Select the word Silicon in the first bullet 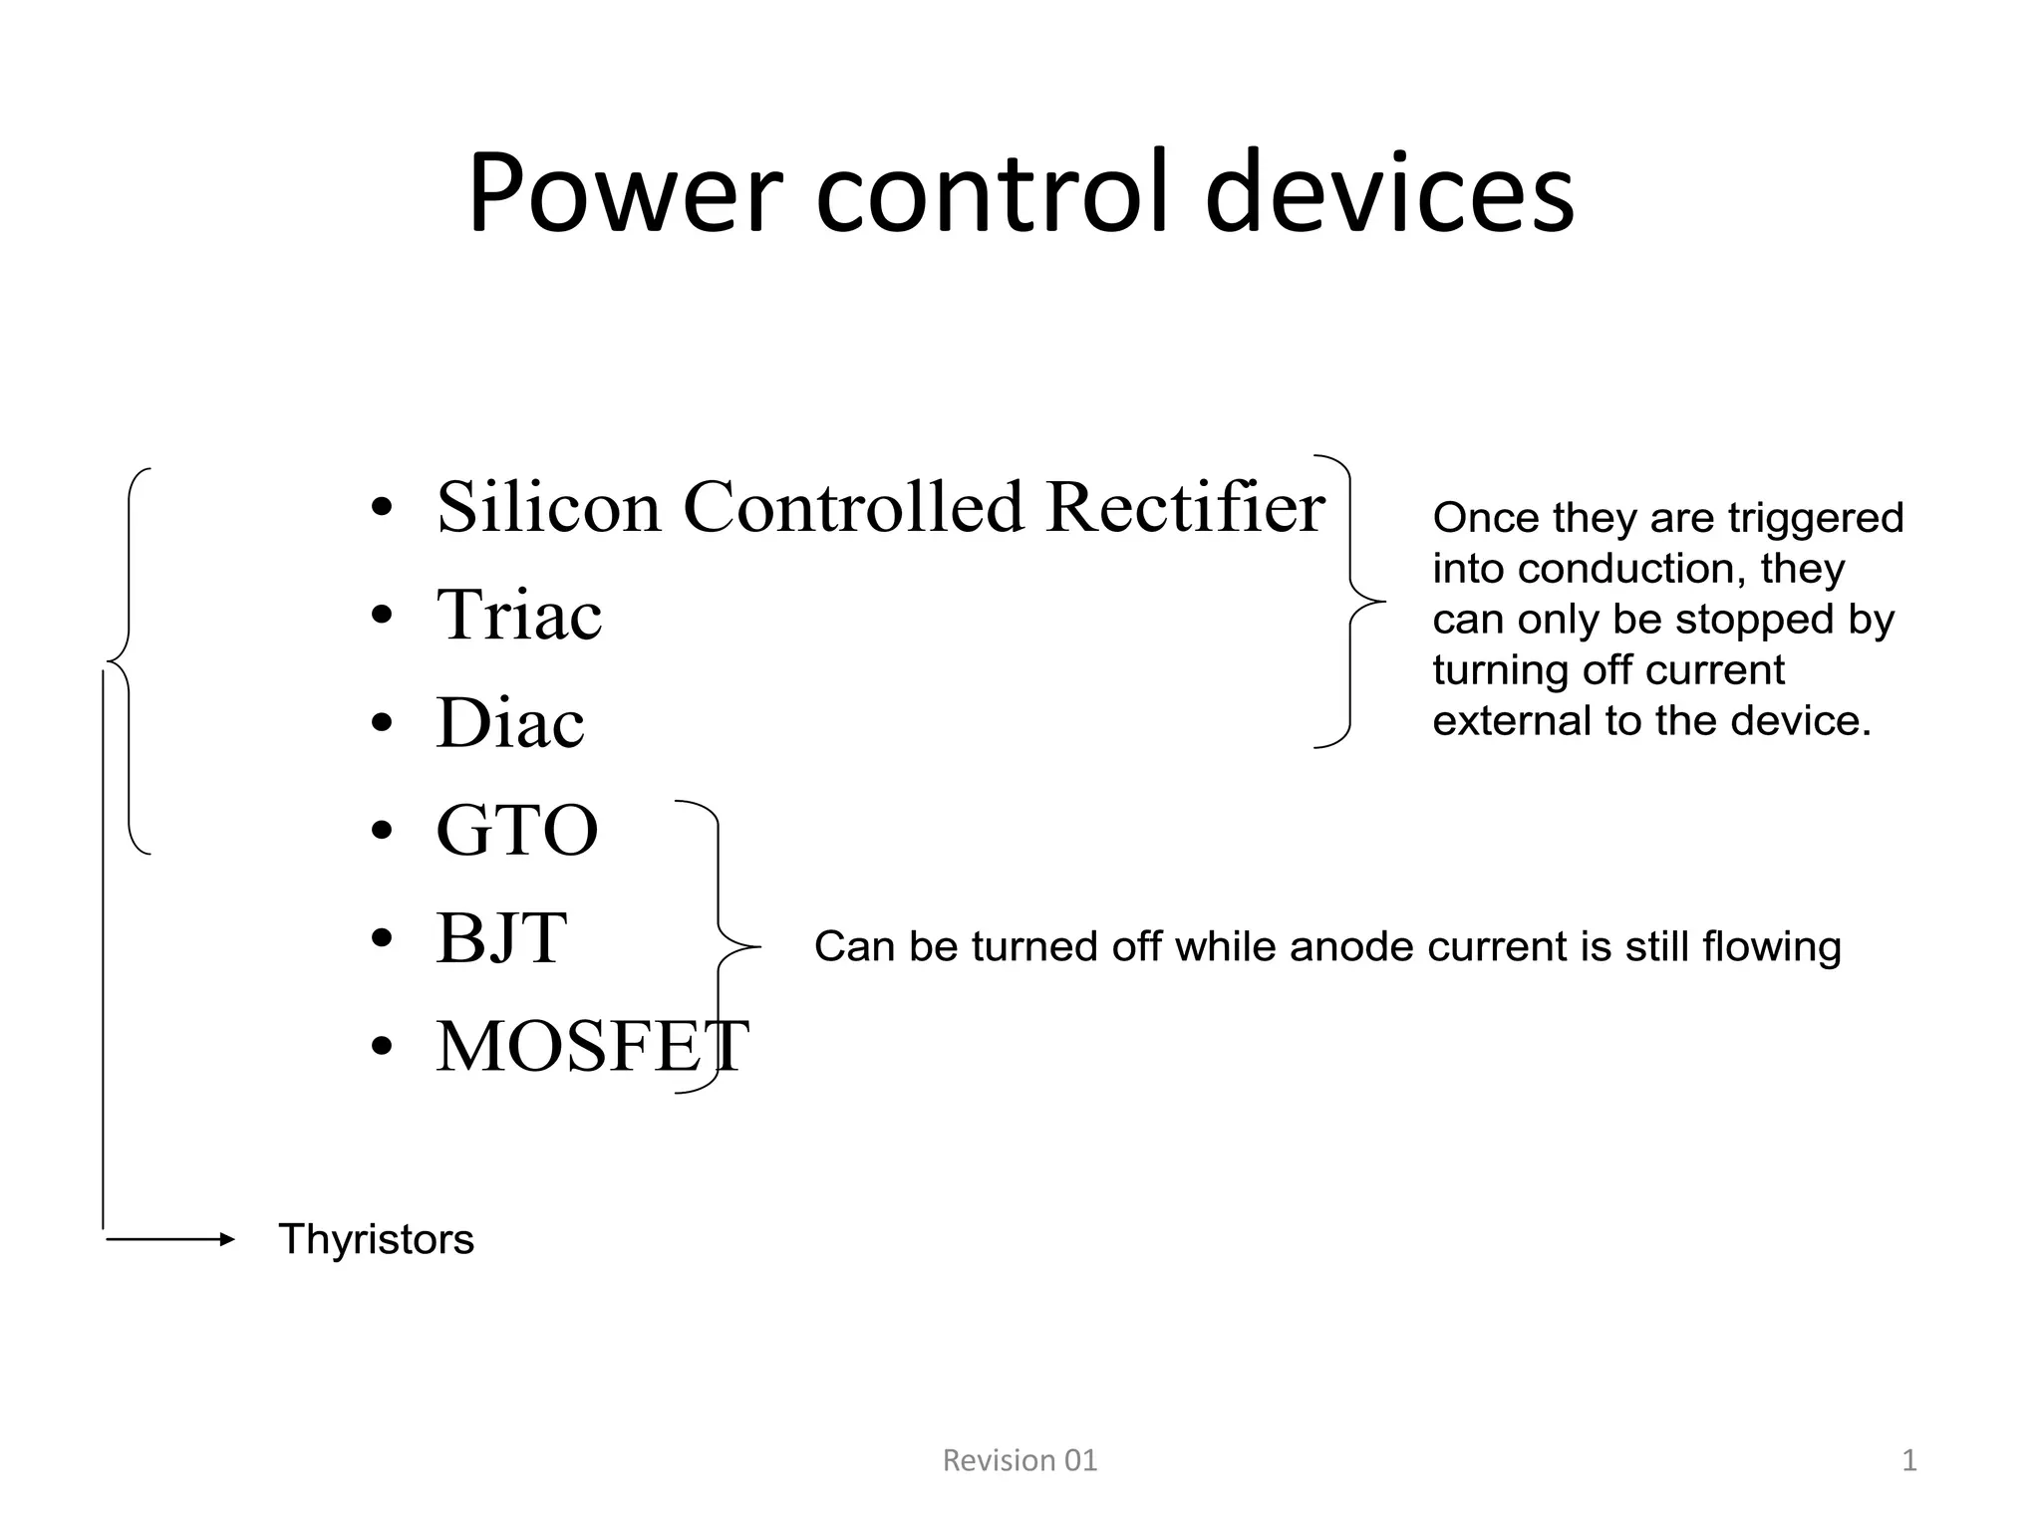[548, 507]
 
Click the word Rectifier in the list [1185, 507]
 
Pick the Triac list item [518, 615]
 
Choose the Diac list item [509, 723]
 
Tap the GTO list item [516, 831]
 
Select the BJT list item [501, 938]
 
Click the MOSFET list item [591, 1047]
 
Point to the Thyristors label [376, 1240]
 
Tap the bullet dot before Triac [381, 617]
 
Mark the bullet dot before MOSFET [381, 1049]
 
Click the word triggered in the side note [1815, 518]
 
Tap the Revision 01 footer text [1020, 1460]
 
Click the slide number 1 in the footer [1908, 1460]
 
